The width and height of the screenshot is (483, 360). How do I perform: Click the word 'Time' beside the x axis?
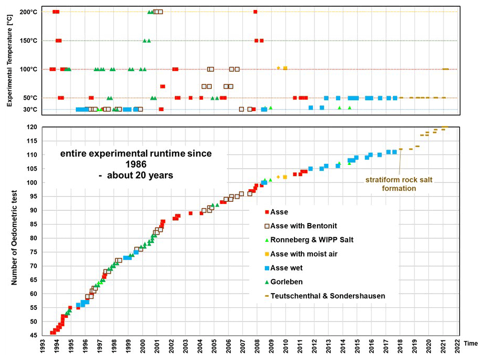(x=471, y=343)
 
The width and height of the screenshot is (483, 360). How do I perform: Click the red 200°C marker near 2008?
(x=255, y=12)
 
